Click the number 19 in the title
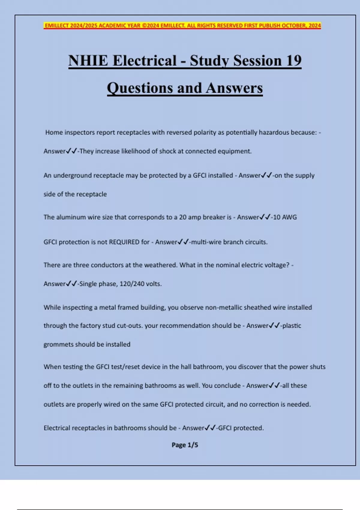point(293,61)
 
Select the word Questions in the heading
point(140,88)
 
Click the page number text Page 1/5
point(185,445)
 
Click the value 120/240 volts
point(140,284)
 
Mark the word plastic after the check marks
point(292,326)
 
